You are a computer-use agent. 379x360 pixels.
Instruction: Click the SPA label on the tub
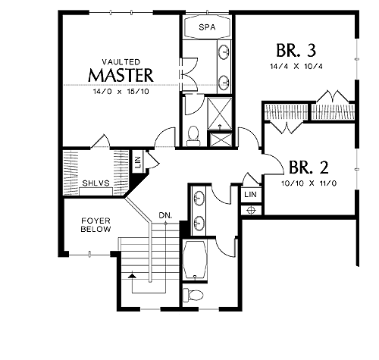point(207,27)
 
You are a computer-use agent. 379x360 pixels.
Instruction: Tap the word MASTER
point(121,75)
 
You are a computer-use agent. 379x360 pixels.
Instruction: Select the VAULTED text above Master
point(121,62)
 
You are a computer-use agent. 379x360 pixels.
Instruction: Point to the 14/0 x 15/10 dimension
point(121,92)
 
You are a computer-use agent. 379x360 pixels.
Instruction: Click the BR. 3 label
point(296,50)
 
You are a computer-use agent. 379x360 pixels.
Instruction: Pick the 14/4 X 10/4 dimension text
point(296,67)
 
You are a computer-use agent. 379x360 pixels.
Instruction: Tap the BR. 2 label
point(309,167)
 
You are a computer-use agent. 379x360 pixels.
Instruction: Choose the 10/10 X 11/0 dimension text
point(309,183)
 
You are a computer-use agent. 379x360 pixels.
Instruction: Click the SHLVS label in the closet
point(96,183)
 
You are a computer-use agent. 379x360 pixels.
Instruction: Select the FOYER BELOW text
point(96,225)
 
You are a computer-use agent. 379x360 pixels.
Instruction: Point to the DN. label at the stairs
point(165,215)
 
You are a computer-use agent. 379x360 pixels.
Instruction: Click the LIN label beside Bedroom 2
point(250,194)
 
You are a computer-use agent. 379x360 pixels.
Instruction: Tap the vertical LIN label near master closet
point(138,162)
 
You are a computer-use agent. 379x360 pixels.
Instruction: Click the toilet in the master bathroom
point(193,136)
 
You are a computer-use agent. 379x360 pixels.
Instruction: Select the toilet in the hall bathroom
point(193,295)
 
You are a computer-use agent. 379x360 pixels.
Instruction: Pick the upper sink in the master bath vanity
point(224,52)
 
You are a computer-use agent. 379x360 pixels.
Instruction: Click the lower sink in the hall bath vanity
point(199,223)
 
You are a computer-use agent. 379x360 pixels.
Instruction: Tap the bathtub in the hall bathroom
point(195,260)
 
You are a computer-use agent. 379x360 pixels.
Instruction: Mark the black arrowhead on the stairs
point(132,275)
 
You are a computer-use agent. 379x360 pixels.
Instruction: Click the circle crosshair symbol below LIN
point(251,210)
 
